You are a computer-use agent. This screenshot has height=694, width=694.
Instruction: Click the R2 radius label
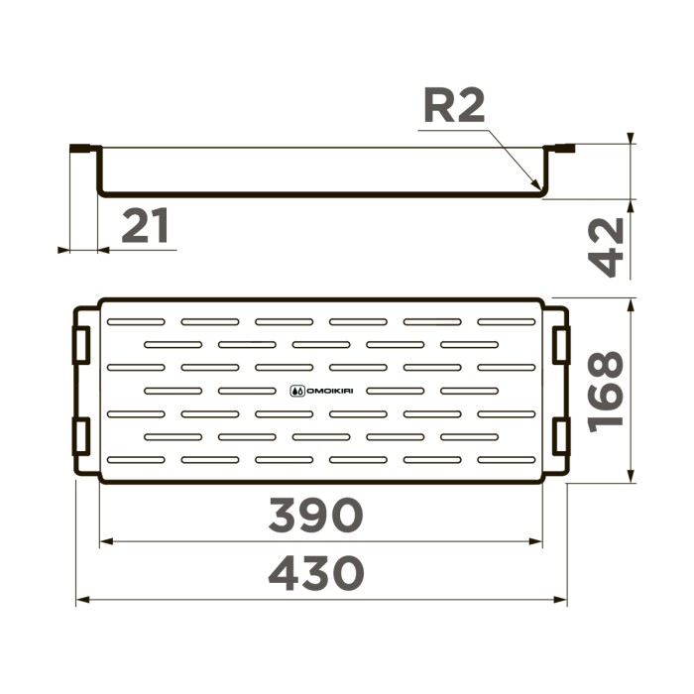tap(455, 106)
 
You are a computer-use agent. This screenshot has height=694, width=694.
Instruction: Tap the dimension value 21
tap(146, 228)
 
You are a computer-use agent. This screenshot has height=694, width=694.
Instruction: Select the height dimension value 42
tap(606, 247)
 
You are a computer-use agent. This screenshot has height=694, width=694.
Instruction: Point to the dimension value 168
tap(606, 390)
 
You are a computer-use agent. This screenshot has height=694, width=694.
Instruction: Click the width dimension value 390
tap(316, 515)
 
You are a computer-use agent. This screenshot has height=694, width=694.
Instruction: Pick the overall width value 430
tap(316, 573)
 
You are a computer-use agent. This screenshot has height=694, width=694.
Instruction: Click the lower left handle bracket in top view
tap(81, 436)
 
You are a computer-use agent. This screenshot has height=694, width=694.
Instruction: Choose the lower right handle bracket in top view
tap(561, 436)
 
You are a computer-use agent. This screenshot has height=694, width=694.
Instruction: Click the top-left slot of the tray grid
tap(136, 322)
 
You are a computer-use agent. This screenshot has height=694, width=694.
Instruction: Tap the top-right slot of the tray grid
tap(507, 322)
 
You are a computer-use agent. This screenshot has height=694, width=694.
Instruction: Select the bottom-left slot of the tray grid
tap(136, 459)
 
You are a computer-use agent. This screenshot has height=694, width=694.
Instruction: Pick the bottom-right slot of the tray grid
tap(507, 459)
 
